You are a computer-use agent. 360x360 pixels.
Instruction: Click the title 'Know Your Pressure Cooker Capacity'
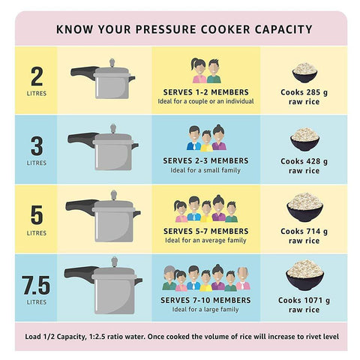184,29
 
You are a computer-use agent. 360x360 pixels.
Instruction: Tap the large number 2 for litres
36,76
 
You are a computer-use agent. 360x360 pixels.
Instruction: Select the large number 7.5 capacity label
36,285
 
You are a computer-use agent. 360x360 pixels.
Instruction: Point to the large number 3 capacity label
36,145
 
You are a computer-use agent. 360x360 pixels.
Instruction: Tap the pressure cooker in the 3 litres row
105,148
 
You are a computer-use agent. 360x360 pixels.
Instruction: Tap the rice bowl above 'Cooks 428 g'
304,139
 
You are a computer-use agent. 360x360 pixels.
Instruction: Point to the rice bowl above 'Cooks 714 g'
304,207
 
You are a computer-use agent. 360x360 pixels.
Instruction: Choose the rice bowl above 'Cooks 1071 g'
304,275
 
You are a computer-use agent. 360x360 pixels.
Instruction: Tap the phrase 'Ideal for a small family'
205,170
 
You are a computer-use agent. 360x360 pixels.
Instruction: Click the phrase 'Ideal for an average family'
205,240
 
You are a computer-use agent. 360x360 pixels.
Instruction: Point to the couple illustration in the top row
205,70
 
